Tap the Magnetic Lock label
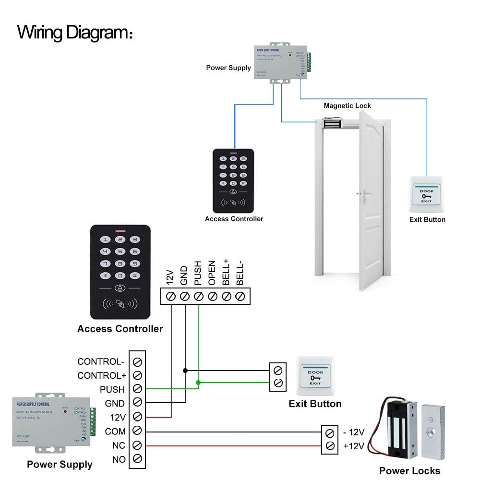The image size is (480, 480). (x=347, y=106)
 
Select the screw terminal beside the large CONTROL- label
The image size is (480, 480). (x=137, y=361)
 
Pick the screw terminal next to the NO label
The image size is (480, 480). (x=137, y=459)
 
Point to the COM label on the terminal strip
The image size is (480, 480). (x=115, y=432)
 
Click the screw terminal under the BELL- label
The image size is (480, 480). (x=241, y=296)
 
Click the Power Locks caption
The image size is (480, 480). (x=409, y=470)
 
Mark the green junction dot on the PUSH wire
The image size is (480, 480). (x=198, y=383)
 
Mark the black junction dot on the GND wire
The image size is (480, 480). (x=185, y=370)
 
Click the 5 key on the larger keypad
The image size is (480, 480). (x=121, y=251)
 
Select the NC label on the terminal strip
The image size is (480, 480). (x=119, y=445)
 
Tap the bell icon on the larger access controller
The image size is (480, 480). (x=120, y=288)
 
